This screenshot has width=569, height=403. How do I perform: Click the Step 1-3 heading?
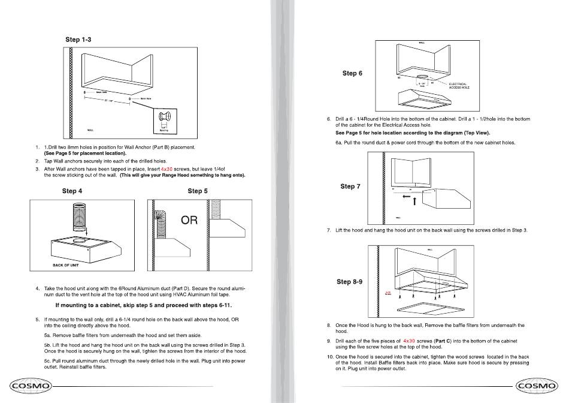click(x=78, y=40)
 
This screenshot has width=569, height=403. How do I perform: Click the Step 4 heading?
click(x=72, y=191)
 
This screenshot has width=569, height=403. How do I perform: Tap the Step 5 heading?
click(x=198, y=191)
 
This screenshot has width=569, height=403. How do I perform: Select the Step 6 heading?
click(x=352, y=73)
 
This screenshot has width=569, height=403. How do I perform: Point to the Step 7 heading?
click(x=350, y=187)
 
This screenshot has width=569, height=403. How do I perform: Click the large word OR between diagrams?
click(x=189, y=221)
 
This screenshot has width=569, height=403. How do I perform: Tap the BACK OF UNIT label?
click(x=66, y=264)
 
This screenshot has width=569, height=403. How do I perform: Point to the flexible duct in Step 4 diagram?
click(x=78, y=216)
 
